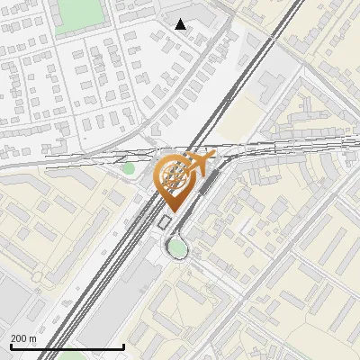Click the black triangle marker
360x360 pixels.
(x=181, y=24)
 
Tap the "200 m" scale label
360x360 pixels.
(x=23, y=338)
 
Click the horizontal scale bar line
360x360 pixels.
(x=67, y=346)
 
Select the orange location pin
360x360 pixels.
(x=175, y=180)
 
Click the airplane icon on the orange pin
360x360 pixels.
(x=198, y=165)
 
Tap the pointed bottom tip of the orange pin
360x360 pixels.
(x=174, y=211)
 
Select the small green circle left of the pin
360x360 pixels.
(x=129, y=168)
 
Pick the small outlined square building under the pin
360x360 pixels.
(x=165, y=222)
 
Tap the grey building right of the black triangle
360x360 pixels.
(x=203, y=20)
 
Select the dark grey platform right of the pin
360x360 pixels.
(x=209, y=184)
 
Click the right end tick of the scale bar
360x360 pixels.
(x=123, y=345)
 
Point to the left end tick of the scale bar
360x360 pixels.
(x=11, y=345)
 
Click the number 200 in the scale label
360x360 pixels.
(x=19, y=338)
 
